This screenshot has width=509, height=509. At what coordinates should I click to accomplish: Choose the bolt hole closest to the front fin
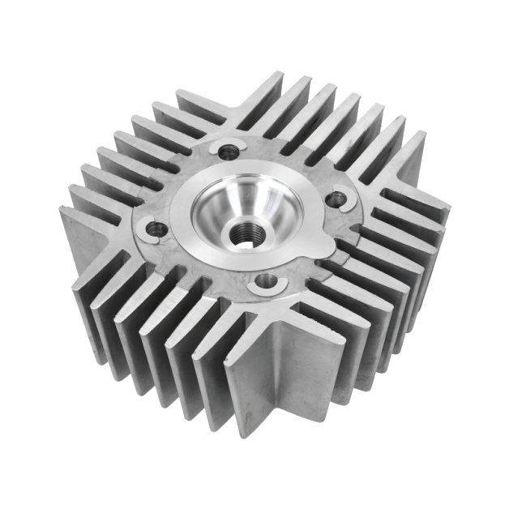tap(265, 282)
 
